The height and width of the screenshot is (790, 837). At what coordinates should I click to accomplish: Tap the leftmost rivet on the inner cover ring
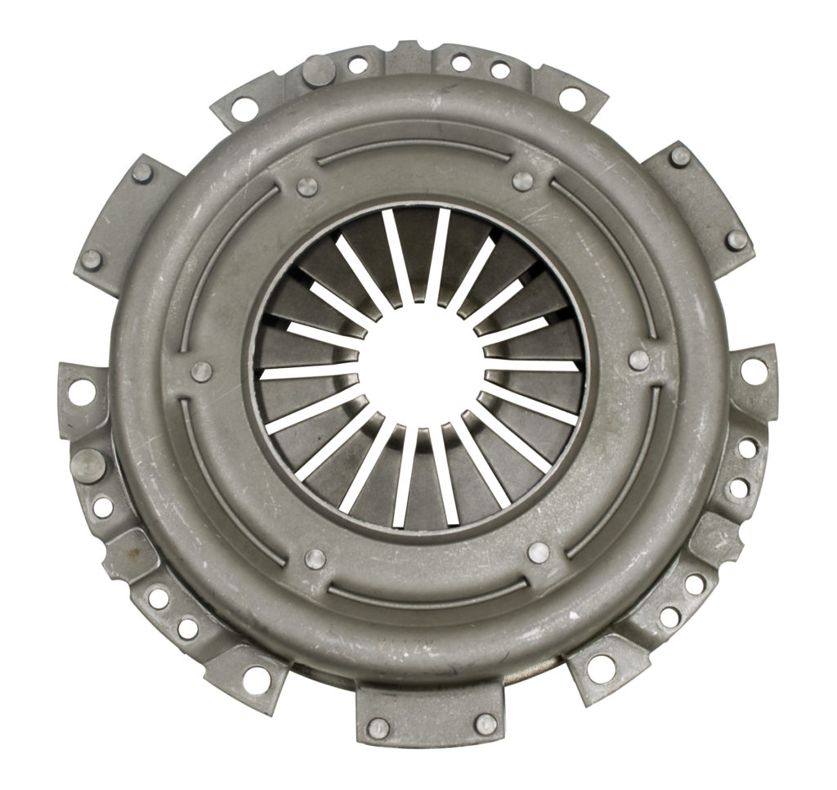coord(201,372)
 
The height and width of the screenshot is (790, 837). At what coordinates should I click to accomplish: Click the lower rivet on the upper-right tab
coord(736,240)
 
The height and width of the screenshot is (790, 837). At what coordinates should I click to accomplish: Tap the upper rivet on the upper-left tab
coord(142,173)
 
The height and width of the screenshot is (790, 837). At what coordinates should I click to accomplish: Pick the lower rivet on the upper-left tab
coord(91,259)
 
